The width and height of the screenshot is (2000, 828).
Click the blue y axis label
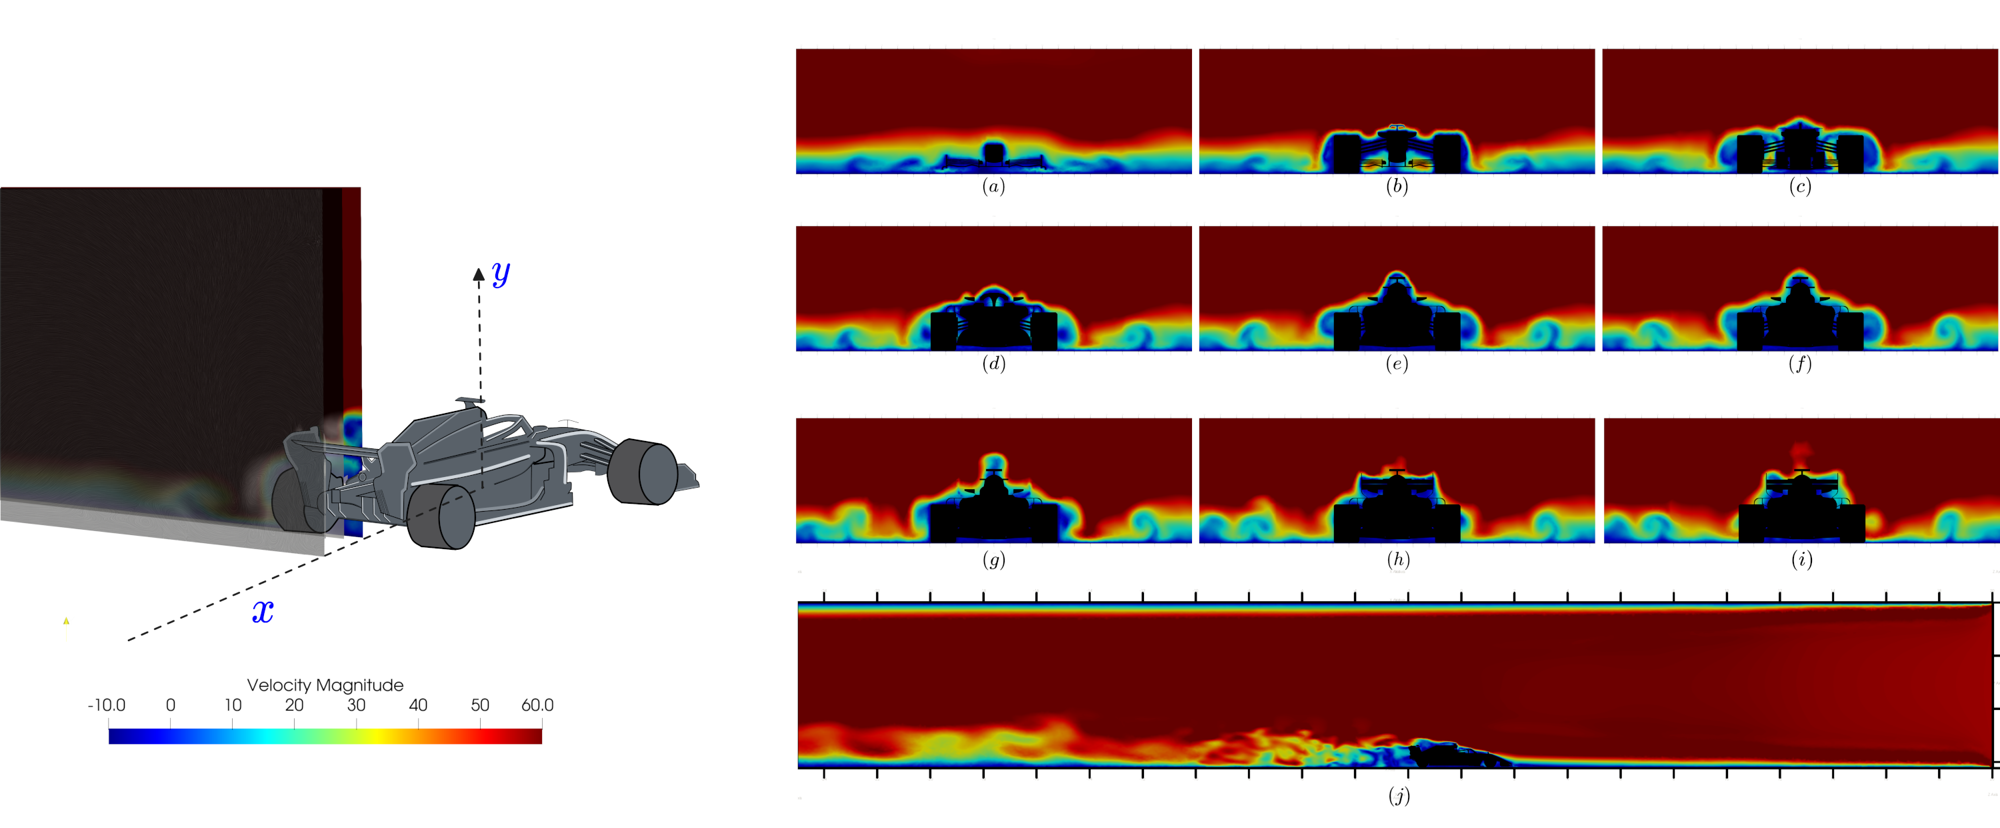(501, 274)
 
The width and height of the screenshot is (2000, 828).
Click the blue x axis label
(263, 612)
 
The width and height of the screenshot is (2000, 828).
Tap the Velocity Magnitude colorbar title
(325, 685)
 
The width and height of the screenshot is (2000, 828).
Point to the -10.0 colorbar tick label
(107, 705)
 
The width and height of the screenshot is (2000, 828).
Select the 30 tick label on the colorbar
(357, 705)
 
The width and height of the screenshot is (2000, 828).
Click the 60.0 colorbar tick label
(537, 705)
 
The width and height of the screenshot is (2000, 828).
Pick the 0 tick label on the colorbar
(171, 705)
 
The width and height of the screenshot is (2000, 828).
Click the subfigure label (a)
(993, 186)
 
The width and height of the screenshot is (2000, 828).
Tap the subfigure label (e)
(1397, 364)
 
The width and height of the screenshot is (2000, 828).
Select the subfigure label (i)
(1801, 559)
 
